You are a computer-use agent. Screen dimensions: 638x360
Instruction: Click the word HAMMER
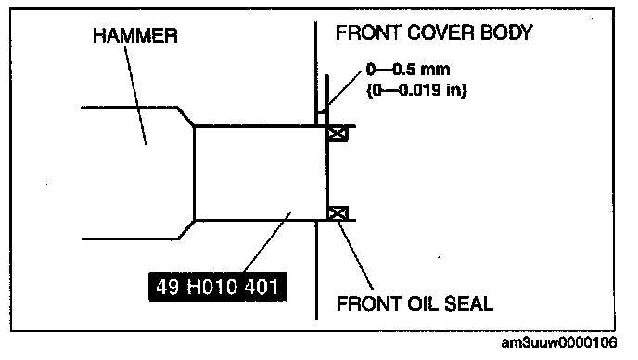(135, 35)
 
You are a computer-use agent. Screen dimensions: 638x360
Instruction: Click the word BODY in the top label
(506, 32)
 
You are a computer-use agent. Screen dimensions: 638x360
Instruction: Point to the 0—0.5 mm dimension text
(408, 70)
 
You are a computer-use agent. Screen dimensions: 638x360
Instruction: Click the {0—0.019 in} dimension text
(416, 90)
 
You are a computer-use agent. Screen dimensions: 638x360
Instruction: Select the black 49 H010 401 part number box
(217, 287)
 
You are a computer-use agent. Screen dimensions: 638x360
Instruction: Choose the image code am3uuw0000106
(559, 343)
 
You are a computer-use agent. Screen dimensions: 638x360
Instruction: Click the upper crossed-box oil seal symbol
(338, 134)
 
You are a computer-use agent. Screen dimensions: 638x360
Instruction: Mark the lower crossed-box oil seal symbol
(338, 213)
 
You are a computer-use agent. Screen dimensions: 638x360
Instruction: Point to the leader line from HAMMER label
(135, 96)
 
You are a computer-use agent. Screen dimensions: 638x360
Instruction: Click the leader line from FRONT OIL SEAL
(355, 255)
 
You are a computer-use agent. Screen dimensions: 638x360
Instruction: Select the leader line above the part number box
(267, 242)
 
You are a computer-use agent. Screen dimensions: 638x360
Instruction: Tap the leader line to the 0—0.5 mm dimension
(340, 91)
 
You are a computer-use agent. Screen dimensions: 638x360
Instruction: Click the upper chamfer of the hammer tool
(186, 117)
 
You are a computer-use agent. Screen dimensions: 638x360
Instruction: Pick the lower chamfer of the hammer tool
(186, 230)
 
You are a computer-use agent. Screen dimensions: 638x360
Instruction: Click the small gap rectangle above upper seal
(322, 120)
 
